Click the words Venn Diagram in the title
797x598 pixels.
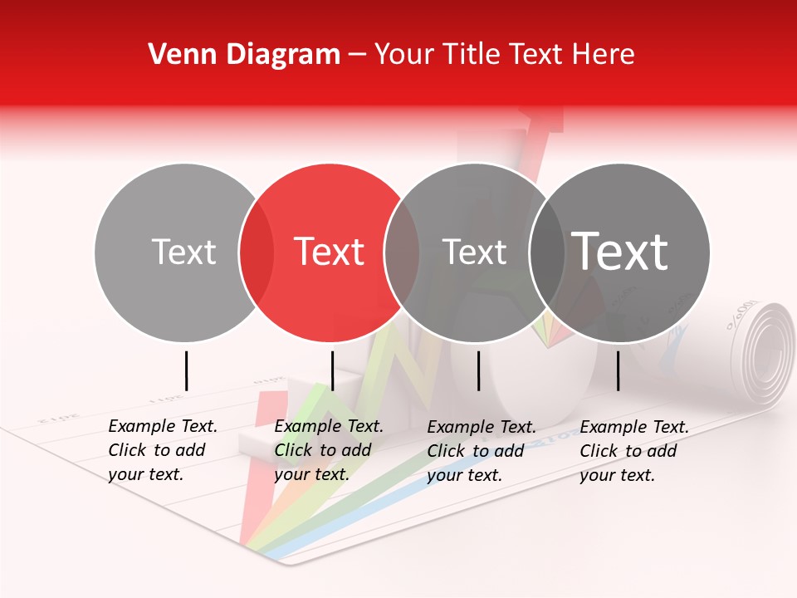point(244,55)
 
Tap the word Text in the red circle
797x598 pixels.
point(330,252)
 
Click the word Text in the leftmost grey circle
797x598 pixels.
point(183,252)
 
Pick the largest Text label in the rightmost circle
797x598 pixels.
point(620,251)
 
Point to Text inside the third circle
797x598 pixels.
point(474,252)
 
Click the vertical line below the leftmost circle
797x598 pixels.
point(186,370)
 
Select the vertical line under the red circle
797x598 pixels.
point(332,370)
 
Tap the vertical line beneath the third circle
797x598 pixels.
point(478,370)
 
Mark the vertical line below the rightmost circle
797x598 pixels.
point(618,370)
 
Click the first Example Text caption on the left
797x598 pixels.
point(163,450)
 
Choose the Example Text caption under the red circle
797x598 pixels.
point(329,450)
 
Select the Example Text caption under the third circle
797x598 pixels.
point(482,450)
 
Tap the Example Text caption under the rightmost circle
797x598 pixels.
point(634,450)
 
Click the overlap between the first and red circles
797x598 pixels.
point(257,252)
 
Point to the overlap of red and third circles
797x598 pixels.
point(402,252)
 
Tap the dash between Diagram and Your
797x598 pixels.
point(356,55)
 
